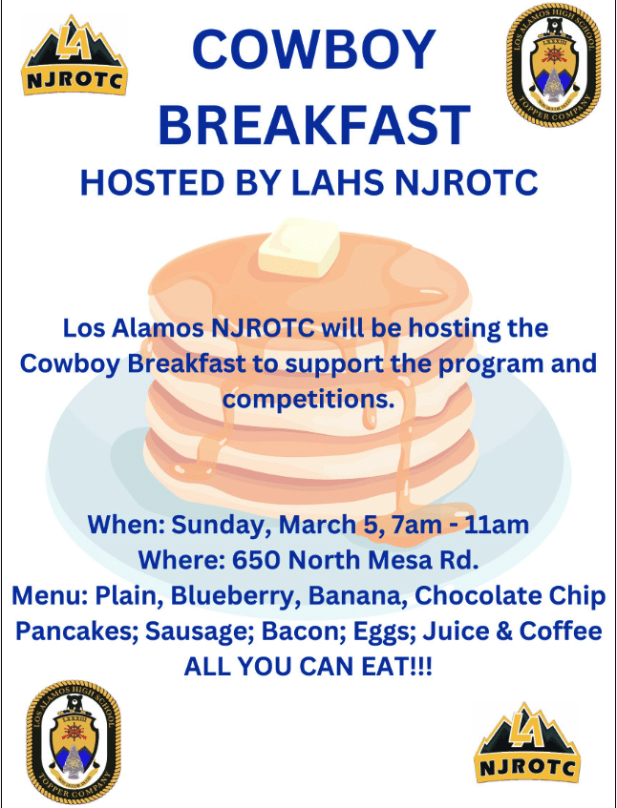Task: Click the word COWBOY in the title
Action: (314, 50)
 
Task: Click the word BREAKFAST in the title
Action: (314, 125)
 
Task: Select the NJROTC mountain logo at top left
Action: (74, 55)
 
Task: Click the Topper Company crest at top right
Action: (553, 65)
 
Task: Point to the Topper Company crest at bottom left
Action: (74, 741)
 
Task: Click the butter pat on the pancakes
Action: (299, 247)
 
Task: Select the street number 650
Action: (256, 560)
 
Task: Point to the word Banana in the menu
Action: (356, 595)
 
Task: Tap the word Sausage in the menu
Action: (200, 632)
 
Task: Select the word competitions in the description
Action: (308, 400)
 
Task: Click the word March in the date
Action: (317, 525)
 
